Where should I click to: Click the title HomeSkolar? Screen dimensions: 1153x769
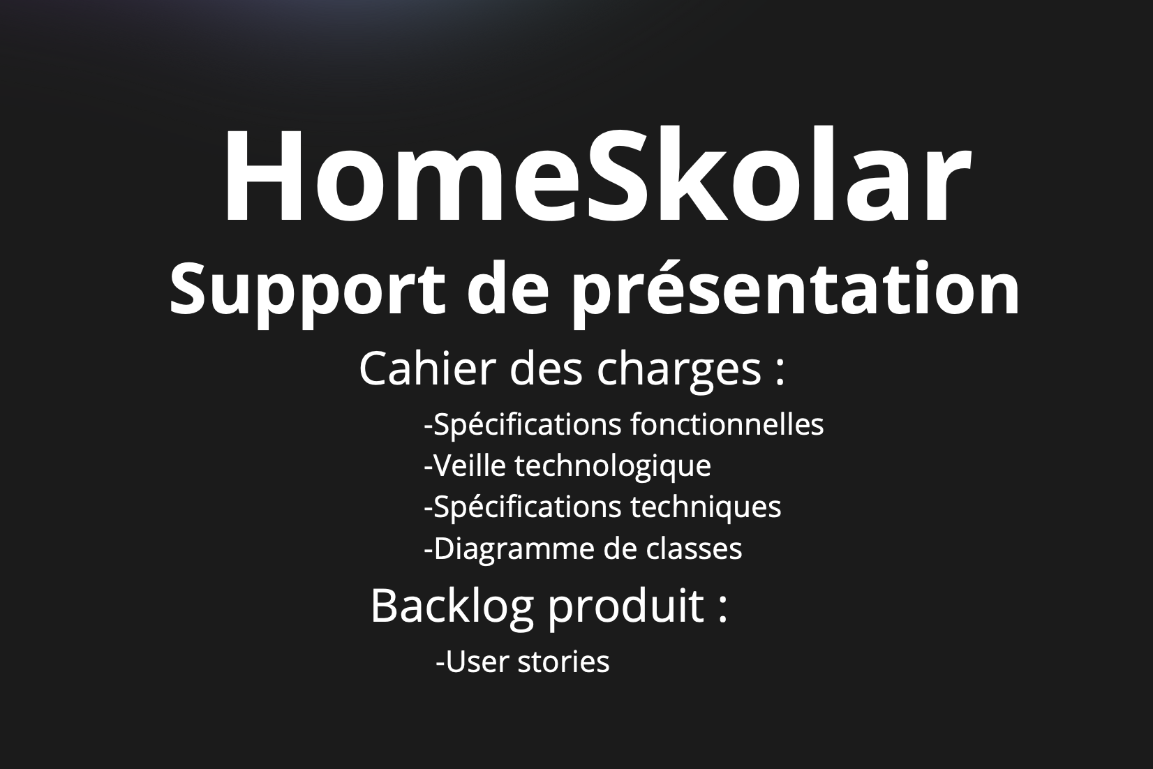pyautogui.click(x=597, y=177)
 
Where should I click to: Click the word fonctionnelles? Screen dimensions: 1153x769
pyautogui.click(x=727, y=424)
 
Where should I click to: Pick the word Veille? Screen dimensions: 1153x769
pyautogui.click(x=465, y=465)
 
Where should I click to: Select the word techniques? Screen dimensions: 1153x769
pyautogui.click(x=706, y=507)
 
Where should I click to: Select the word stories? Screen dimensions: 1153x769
pyautogui.click(x=564, y=662)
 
